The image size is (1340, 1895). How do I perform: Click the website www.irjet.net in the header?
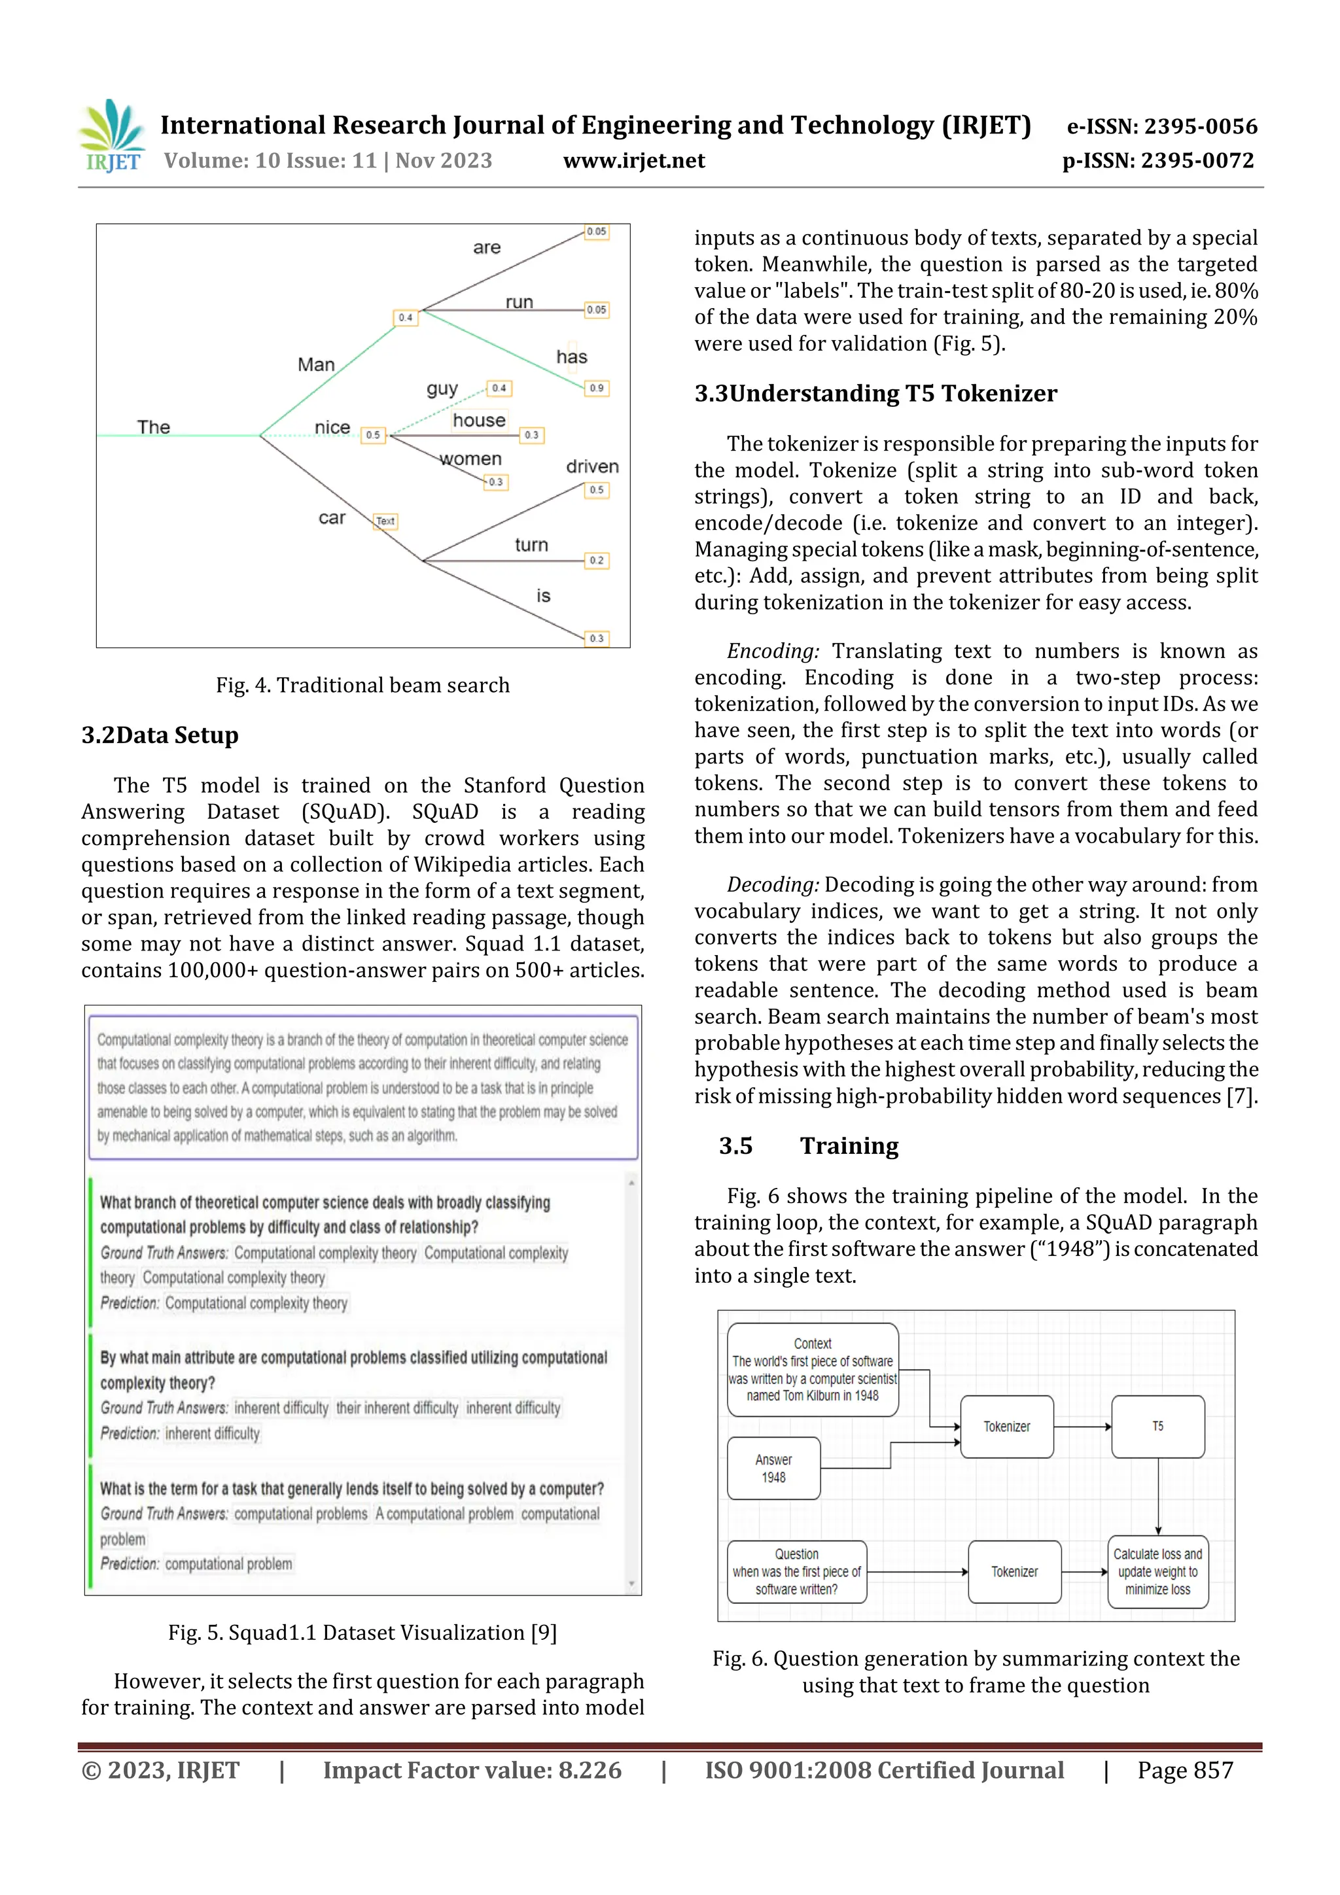point(633,160)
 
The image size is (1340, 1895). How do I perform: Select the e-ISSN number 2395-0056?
point(1199,126)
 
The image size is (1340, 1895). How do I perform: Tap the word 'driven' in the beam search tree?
point(592,466)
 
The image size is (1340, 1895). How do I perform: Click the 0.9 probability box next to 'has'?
point(596,388)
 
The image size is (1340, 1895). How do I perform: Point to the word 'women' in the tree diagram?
point(470,459)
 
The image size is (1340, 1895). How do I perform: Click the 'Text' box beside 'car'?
point(385,521)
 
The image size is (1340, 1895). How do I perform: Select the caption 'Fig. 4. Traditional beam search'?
point(362,685)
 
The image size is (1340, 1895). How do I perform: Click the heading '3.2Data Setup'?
point(160,735)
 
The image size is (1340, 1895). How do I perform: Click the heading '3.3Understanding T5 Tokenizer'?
point(875,393)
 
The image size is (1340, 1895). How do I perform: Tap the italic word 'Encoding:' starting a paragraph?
point(773,652)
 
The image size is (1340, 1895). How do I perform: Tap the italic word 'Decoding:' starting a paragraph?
point(773,885)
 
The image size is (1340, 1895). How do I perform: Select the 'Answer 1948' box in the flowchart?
point(773,1469)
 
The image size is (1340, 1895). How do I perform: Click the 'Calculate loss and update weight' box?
point(1157,1571)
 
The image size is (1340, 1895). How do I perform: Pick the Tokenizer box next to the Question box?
point(1014,1571)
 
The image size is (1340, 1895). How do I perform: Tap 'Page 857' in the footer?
point(1185,1770)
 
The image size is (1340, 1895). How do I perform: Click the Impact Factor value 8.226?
point(590,1770)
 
